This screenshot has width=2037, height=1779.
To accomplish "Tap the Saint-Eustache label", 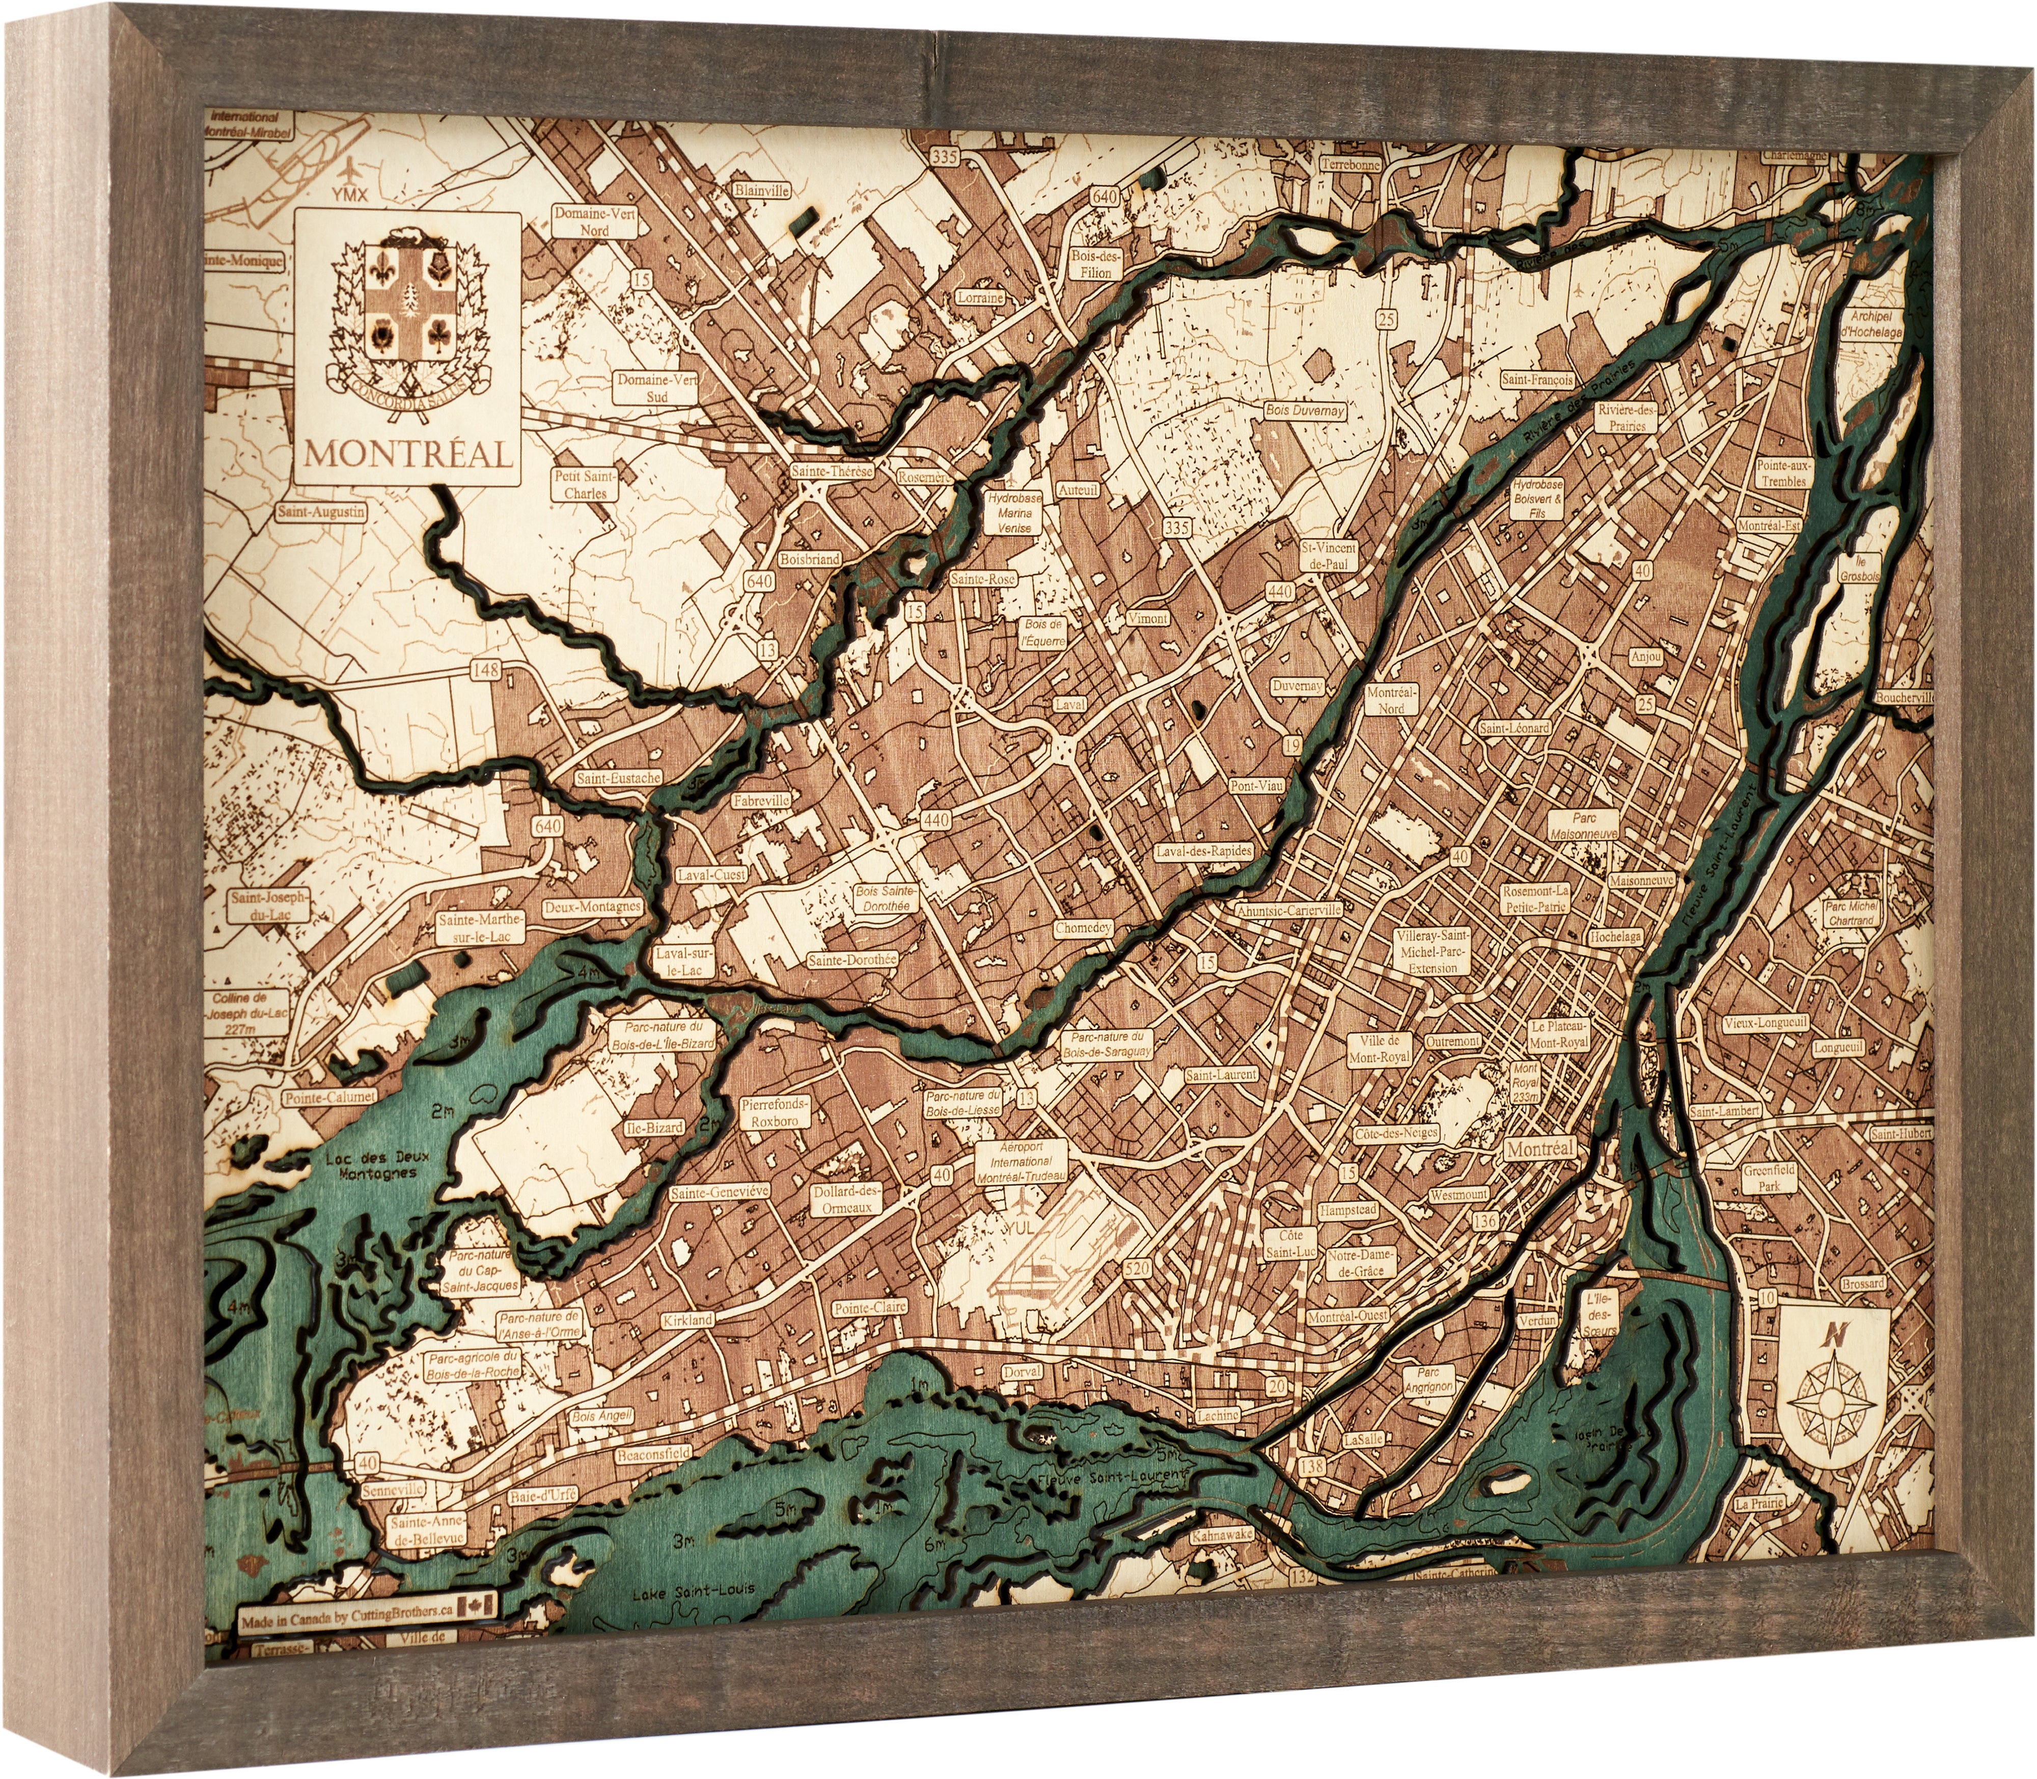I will click(x=617, y=778).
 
